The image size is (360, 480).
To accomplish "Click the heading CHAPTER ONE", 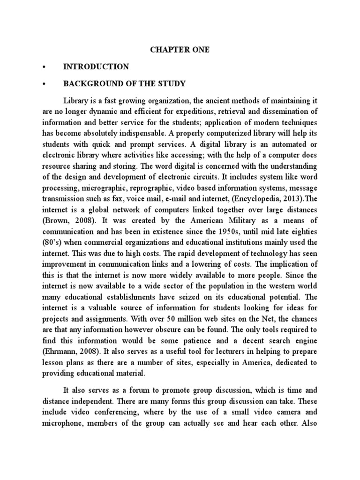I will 180,50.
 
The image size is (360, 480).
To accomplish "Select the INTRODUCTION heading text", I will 96,67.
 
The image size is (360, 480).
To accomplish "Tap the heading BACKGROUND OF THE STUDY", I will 124,84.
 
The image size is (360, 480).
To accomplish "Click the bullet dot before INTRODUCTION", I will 43,67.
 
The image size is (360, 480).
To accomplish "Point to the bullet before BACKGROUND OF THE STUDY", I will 43,84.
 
